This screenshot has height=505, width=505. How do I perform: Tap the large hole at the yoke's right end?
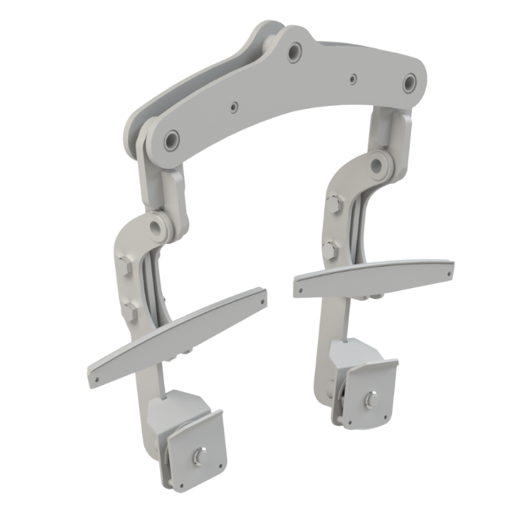coord(410,80)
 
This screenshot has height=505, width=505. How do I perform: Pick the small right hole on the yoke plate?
coord(352,77)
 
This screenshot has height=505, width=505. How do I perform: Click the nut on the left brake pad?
coord(196,457)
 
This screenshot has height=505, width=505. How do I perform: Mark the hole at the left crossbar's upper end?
coord(261,297)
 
